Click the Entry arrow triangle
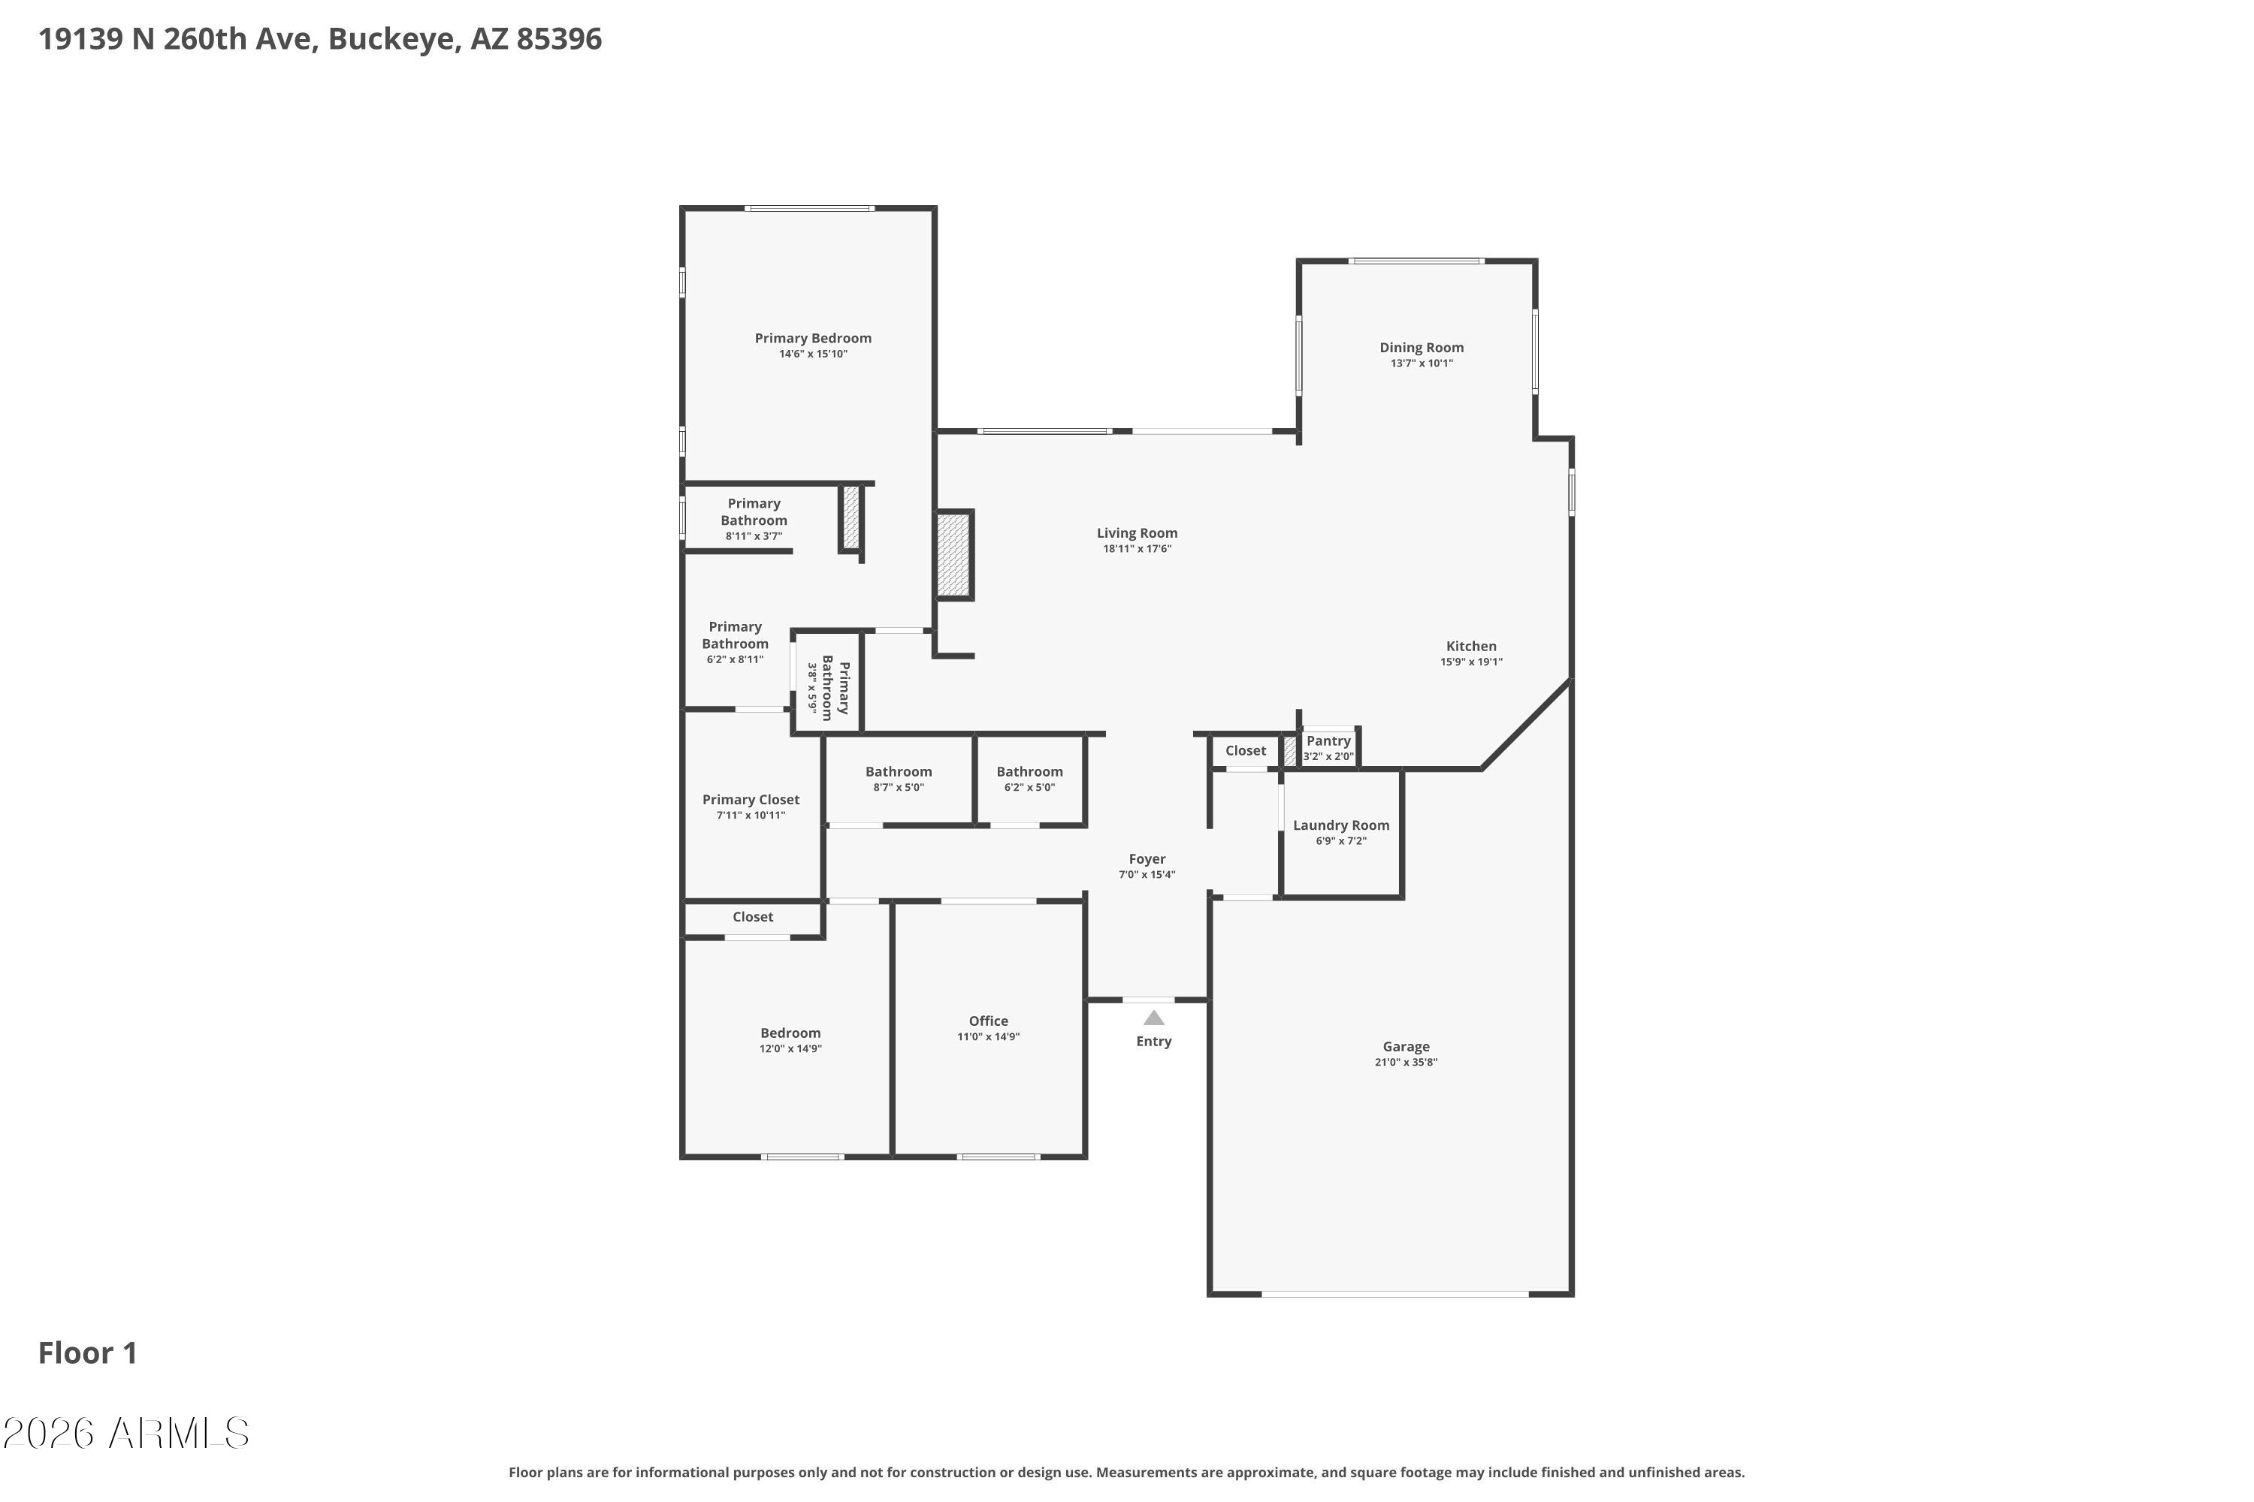(1154, 1018)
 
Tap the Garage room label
(1406, 1047)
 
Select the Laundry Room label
(1340, 825)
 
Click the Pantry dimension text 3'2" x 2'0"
(1328, 757)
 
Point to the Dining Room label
(1422, 348)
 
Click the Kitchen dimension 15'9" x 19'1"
(1471, 662)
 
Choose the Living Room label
(1137, 533)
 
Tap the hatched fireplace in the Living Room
(953, 556)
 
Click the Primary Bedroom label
(813, 338)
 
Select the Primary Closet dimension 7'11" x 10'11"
(751, 815)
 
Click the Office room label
(988, 1021)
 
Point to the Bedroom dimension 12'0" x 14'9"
(790, 1049)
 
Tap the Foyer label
(1147, 859)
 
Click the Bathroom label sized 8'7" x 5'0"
(898, 772)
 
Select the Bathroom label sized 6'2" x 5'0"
(1029, 772)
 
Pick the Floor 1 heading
(88, 1353)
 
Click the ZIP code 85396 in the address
(560, 39)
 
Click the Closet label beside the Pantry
(1245, 751)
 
